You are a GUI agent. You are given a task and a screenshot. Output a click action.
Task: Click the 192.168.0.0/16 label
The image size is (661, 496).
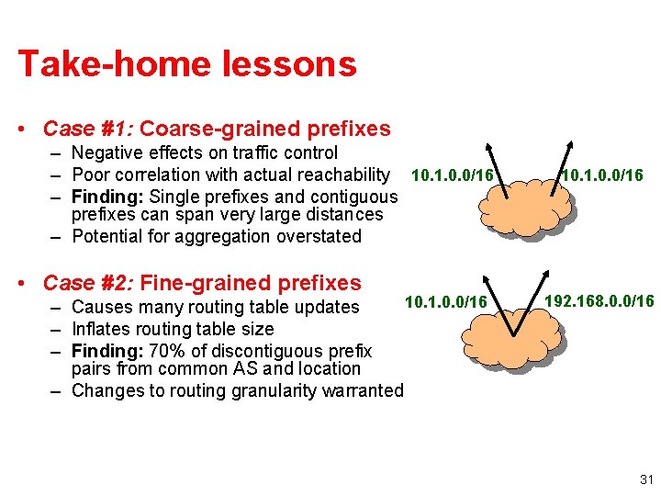[x=599, y=301]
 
